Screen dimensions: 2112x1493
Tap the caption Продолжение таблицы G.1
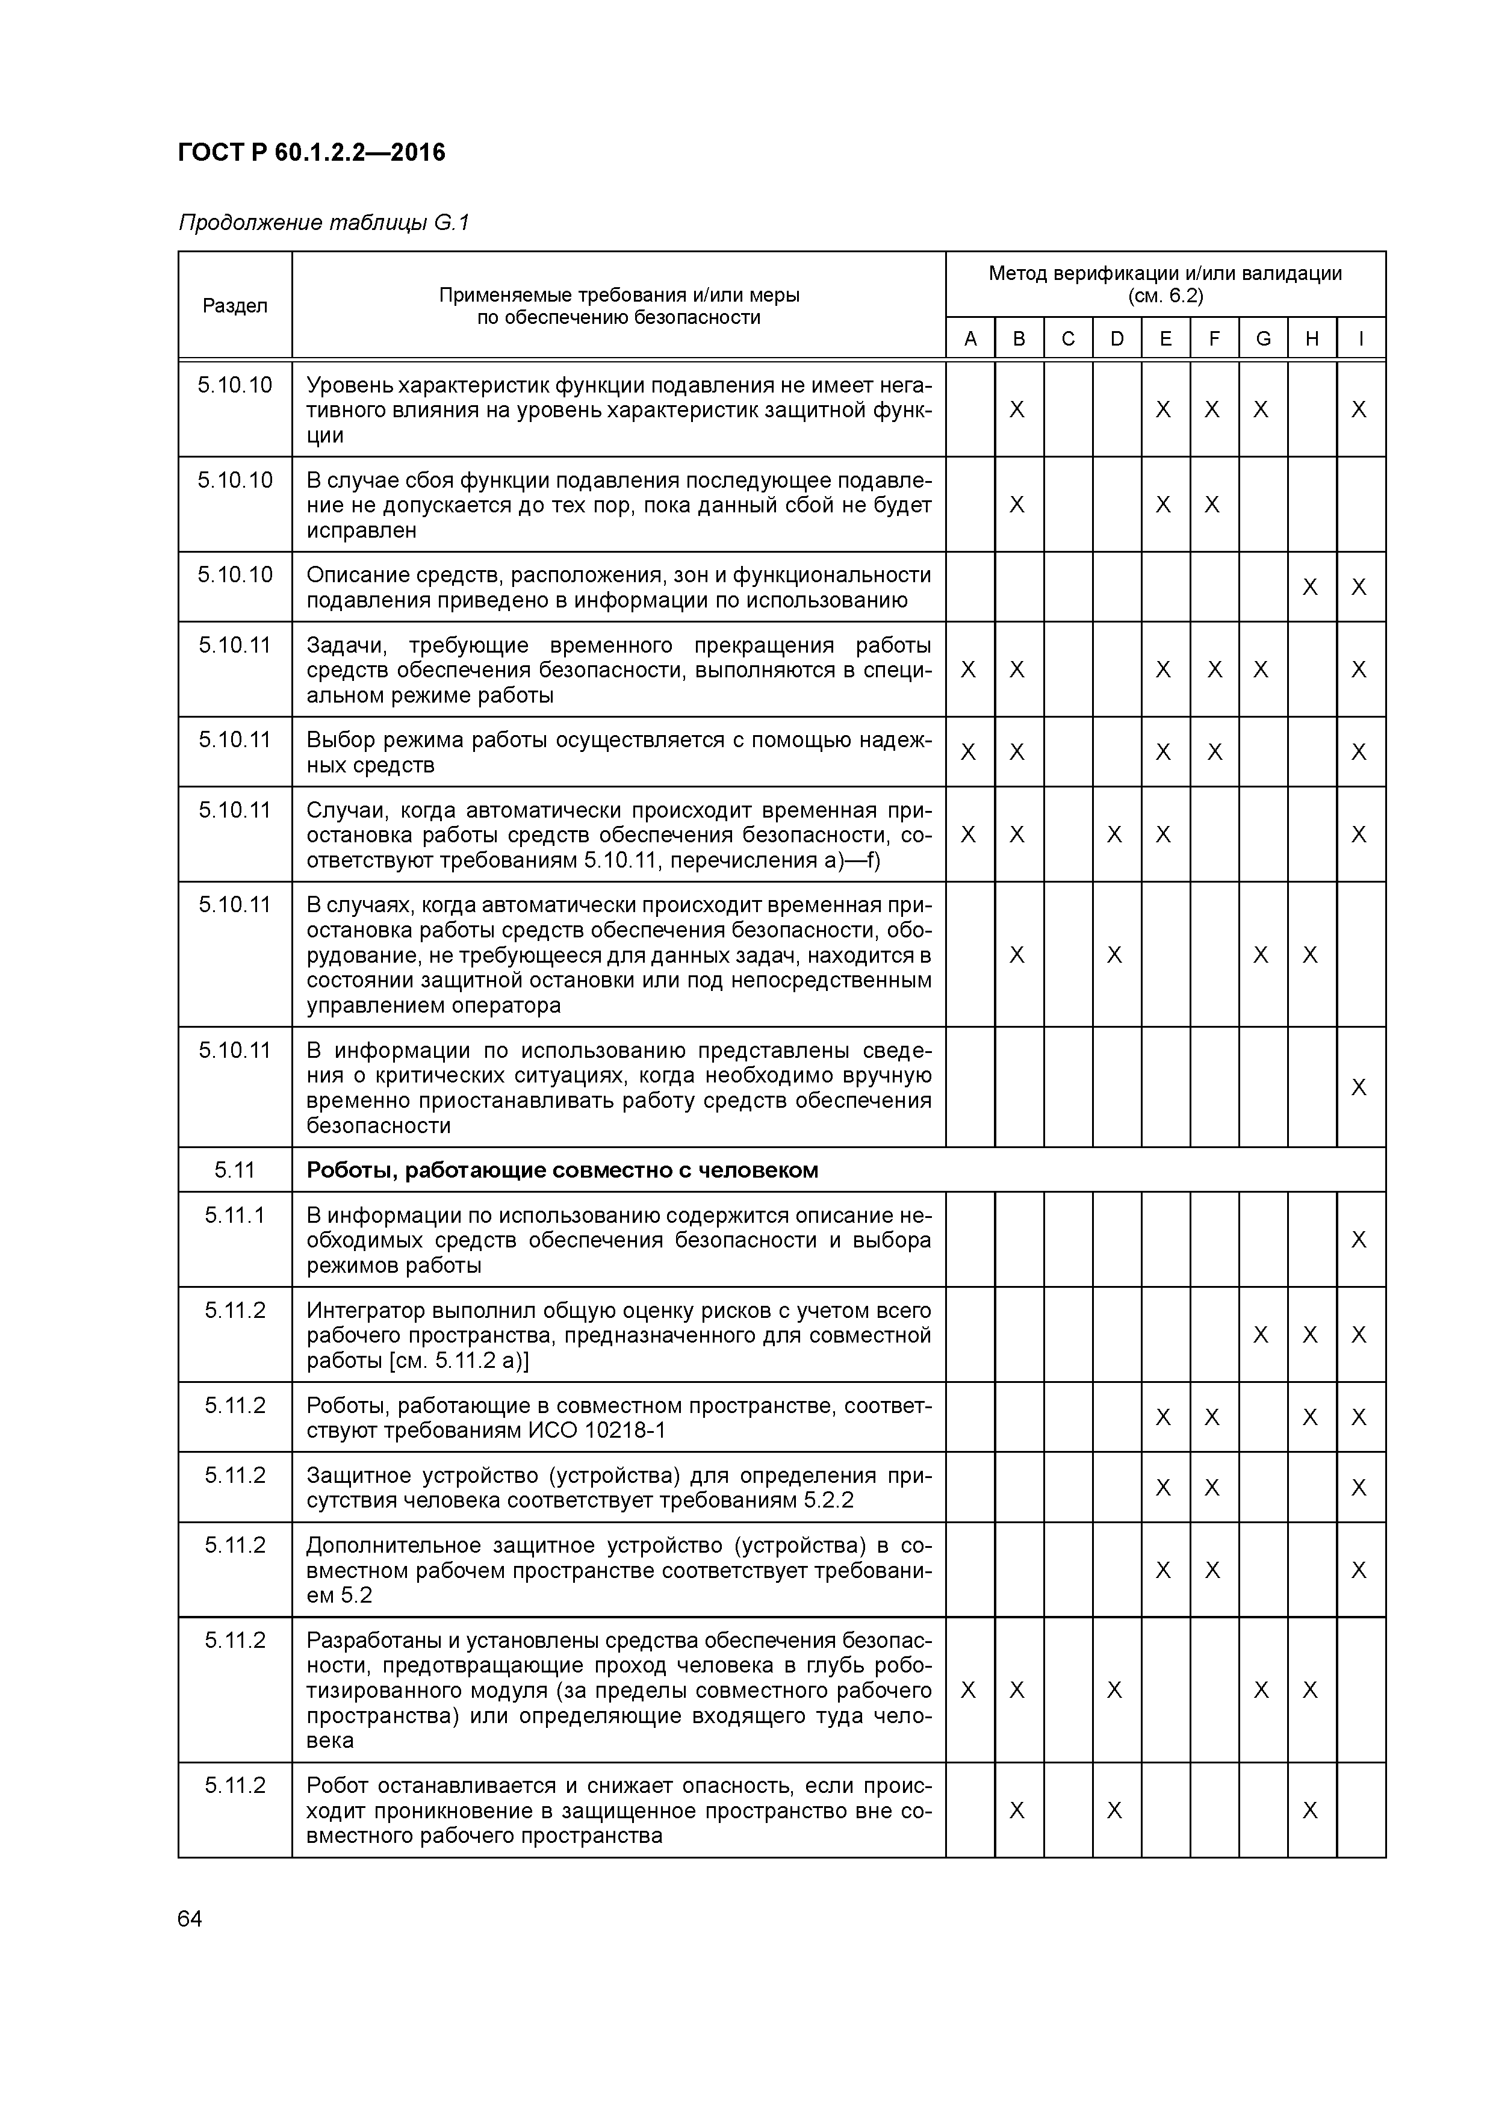(324, 223)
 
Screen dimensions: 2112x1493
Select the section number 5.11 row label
(235, 1170)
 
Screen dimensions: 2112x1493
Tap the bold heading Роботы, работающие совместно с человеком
(562, 1170)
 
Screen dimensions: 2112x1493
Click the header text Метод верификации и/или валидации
(1164, 273)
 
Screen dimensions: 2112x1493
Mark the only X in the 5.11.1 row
(1359, 1240)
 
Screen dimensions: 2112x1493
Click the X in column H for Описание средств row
(1311, 587)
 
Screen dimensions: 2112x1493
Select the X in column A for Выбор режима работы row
(967, 753)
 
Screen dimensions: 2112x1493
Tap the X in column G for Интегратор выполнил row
(1261, 1335)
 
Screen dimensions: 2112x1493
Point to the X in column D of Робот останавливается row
(1114, 1810)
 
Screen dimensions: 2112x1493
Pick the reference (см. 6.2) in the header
(1164, 296)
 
